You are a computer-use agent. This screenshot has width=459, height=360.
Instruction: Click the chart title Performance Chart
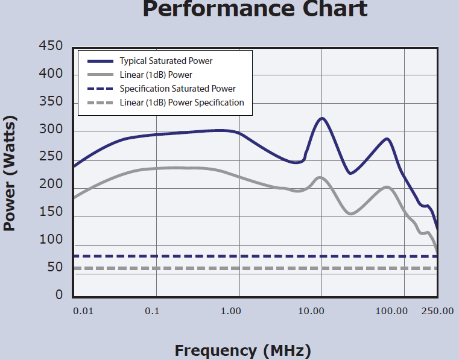click(x=255, y=8)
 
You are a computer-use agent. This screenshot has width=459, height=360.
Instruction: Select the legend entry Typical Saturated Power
click(x=166, y=61)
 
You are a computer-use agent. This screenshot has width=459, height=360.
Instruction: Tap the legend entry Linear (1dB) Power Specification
click(x=182, y=103)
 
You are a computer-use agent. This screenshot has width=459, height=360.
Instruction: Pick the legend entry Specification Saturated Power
click(x=177, y=89)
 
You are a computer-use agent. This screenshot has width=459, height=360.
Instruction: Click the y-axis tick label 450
click(x=51, y=46)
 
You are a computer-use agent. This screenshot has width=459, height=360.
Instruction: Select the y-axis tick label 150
click(x=51, y=212)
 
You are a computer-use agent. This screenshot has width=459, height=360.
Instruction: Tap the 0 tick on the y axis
click(x=59, y=295)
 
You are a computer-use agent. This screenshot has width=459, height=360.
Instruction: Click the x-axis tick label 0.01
click(x=83, y=311)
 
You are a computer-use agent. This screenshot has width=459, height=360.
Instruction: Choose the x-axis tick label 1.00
click(x=230, y=311)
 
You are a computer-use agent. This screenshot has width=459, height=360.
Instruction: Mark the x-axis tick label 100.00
click(x=391, y=311)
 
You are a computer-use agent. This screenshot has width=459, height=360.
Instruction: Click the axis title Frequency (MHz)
click(x=242, y=350)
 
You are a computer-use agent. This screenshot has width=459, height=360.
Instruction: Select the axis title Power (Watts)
click(x=10, y=174)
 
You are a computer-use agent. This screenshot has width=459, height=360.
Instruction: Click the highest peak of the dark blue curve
click(x=322, y=118)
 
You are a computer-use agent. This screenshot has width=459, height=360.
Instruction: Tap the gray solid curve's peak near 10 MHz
click(x=320, y=177)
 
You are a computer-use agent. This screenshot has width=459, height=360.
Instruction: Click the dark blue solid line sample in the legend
click(x=100, y=61)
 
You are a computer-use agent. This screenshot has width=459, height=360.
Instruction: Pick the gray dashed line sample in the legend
click(x=100, y=103)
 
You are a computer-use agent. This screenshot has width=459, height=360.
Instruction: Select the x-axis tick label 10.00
click(x=312, y=311)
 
